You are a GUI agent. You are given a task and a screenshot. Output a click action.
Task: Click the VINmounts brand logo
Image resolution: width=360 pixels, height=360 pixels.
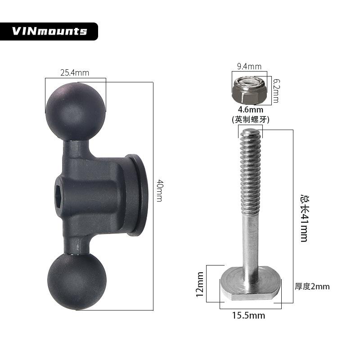[x=49, y=31]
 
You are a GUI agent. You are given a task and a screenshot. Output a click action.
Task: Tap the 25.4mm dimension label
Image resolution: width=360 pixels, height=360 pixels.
[x=75, y=73]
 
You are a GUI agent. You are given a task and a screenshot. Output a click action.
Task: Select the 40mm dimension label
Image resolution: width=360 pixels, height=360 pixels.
[x=160, y=190]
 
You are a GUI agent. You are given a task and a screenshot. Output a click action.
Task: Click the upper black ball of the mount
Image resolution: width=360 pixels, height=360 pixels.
[x=76, y=112]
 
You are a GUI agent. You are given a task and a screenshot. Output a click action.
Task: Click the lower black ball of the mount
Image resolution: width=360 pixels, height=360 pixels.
[x=77, y=281]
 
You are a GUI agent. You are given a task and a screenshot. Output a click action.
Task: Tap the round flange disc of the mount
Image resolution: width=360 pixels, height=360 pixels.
[x=138, y=195]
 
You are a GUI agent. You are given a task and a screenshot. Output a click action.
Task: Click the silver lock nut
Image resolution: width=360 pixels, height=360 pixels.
[x=250, y=90]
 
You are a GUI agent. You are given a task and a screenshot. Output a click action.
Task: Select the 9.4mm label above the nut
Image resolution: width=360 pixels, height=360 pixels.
[x=249, y=66]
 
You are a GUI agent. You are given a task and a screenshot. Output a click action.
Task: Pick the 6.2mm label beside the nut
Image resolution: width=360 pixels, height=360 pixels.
[x=276, y=90]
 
